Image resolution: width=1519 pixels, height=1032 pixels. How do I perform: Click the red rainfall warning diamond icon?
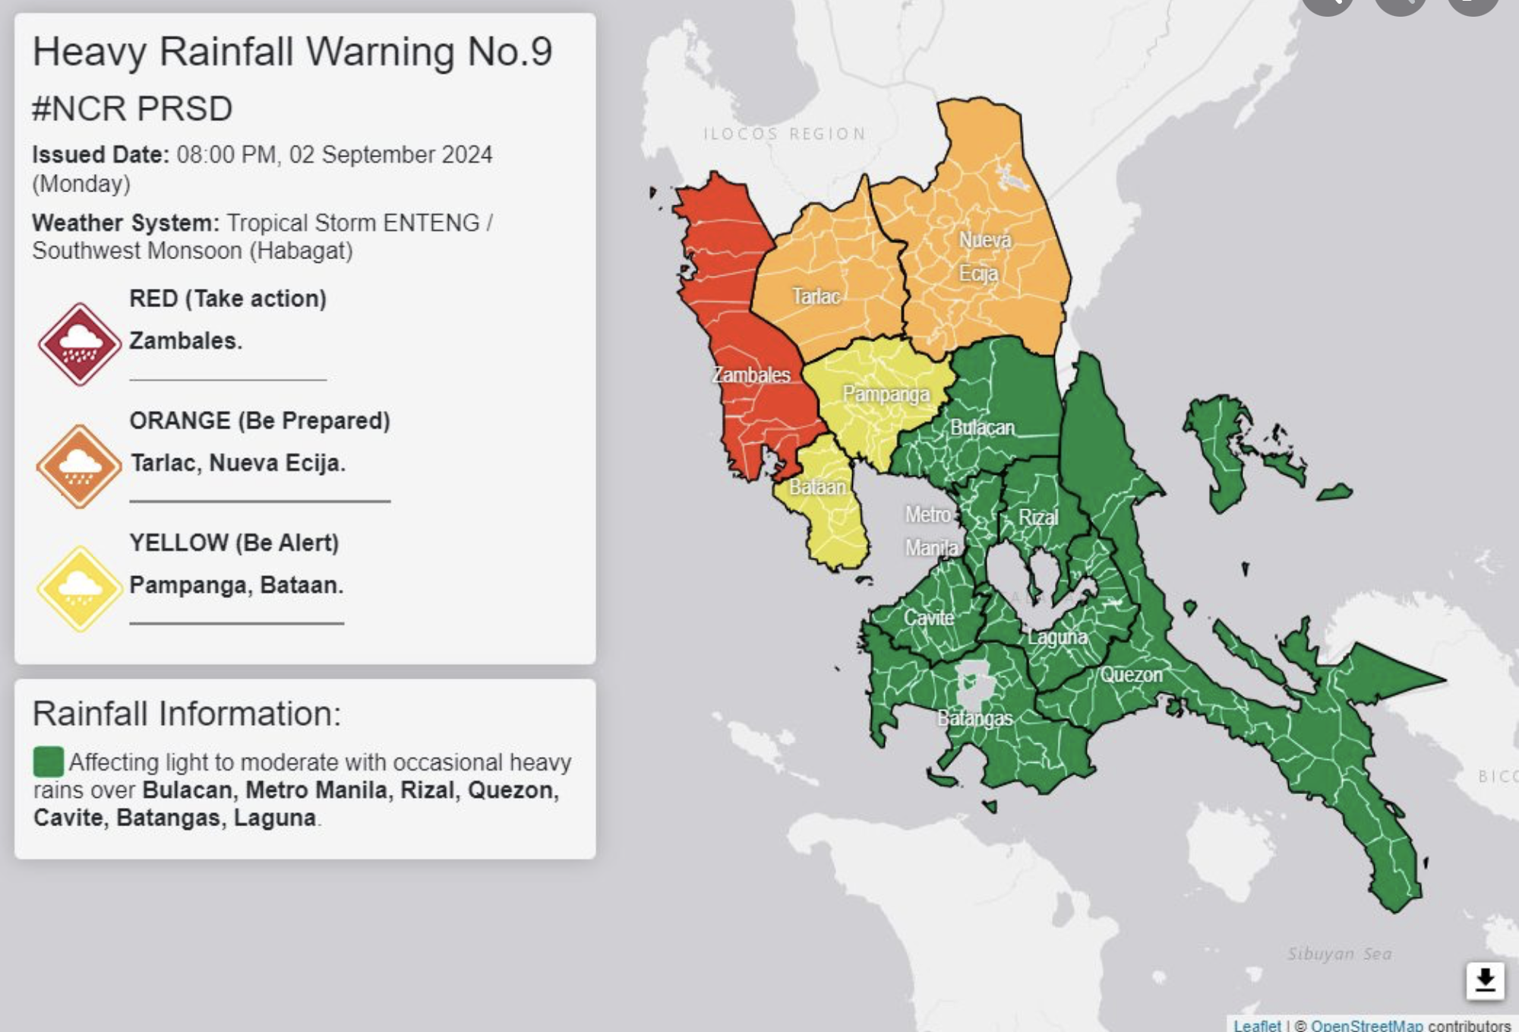[80, 344]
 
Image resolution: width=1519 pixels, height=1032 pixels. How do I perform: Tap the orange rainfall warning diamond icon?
[79, 466]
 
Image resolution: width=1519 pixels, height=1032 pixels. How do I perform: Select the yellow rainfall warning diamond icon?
[80, 588]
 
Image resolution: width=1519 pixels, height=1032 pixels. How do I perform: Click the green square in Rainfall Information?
[48, 761]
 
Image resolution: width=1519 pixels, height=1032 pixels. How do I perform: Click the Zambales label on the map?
[750, 375]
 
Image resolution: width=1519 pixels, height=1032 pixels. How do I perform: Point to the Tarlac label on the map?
[816, 296]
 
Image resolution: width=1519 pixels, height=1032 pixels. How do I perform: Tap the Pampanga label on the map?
[886, 394]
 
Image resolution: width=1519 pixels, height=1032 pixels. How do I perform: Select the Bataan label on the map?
[817, 486]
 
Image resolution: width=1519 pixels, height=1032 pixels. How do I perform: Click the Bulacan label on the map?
[982, 428]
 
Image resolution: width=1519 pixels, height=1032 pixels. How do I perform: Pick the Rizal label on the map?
[1037, 518]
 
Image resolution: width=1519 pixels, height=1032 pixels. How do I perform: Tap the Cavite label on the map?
[928, 618]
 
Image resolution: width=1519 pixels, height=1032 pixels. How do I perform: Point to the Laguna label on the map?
[1057, 637]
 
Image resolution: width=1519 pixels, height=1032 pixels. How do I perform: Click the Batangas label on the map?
[974, 718]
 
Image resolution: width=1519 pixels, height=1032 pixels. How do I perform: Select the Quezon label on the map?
[1131, 675]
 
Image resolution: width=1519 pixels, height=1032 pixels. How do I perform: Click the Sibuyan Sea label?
[1340, 954]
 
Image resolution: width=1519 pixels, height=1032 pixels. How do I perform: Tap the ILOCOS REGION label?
[785, 135]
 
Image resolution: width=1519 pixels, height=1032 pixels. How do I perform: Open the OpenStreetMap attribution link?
[1366, 1025]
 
